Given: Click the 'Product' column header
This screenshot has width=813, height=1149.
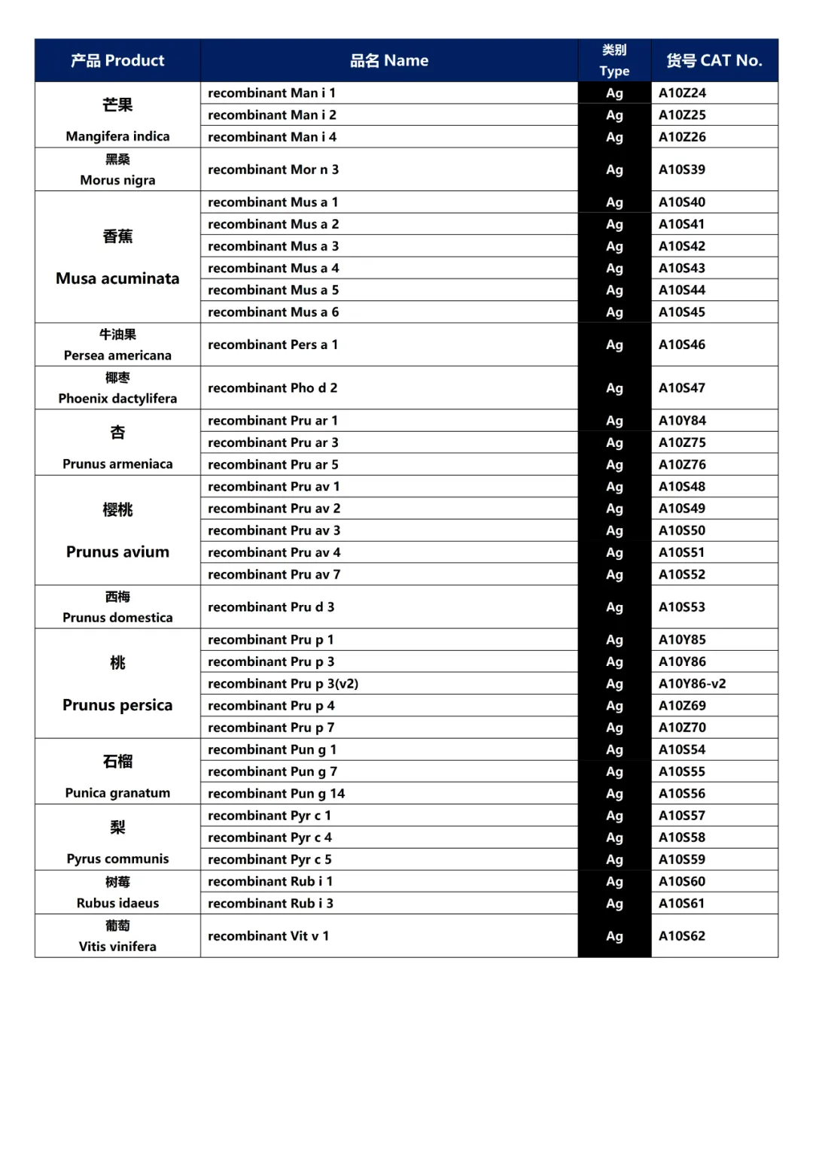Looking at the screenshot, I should (x=117, y=60).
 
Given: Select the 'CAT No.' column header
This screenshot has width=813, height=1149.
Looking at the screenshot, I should (x=714, y=60).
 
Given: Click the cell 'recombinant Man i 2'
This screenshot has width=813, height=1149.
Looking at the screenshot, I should (x=272, y=115).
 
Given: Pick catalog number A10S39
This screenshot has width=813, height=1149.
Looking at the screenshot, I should (x=682, y=169).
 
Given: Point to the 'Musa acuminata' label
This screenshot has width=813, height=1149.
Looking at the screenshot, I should (x=117, y=278).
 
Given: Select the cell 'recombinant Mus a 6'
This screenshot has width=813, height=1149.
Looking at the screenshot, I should (x=273, y=312).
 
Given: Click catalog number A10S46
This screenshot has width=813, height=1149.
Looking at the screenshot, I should (x=682, y=345).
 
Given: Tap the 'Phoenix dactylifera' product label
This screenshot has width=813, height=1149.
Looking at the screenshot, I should (x=117, y=399).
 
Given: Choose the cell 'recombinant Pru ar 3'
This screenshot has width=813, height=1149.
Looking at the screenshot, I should (x=273, y=442).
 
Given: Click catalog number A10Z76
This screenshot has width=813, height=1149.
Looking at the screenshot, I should (x=682, y=464).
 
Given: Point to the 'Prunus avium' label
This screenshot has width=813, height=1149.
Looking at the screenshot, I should (x=117, y=552).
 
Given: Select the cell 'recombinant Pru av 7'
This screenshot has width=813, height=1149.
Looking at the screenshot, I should (x=274, y=574).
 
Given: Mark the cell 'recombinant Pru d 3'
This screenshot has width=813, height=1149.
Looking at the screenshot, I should (x=271, y=606).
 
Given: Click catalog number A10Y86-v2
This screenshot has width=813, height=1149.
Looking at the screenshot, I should (x=693, y=683).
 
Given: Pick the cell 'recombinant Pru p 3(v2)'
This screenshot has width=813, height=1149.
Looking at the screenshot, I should (x=283, y=683).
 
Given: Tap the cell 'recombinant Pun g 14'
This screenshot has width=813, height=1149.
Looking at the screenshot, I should (x=276, y=793).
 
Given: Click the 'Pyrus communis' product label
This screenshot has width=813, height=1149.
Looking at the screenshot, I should (x=117, y=859).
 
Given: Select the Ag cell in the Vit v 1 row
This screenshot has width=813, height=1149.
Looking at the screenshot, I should (x=614, y=936).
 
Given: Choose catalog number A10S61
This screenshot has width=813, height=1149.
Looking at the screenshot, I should (x=682, y=903).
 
